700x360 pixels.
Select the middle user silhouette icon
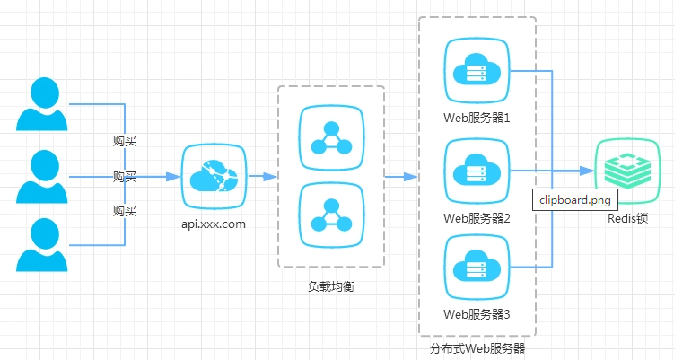click(42, 176)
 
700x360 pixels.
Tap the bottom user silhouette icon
click(42, 243)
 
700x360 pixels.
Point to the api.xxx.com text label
click(214, 224)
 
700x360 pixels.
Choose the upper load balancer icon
click(330, 137)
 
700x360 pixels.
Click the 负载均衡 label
click(331, 286)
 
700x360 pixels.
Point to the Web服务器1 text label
click(477, 118)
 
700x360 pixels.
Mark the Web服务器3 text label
click(477, 314)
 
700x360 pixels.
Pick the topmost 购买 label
click(125, 141)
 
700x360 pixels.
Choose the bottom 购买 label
click(125, 211)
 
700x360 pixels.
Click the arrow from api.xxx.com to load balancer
click(261, 176)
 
